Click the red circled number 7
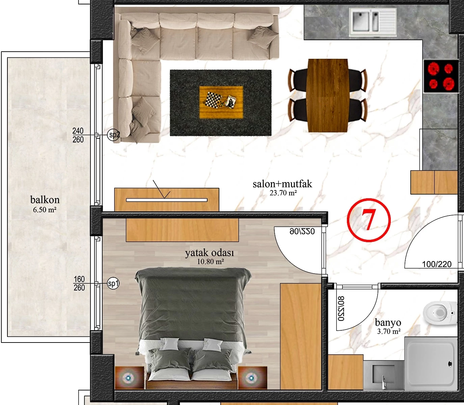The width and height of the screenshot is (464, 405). (369, 220)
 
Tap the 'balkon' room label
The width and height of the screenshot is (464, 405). (45, 200)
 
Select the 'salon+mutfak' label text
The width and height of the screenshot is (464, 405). (282, 184)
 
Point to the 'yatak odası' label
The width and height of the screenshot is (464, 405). (209, 253)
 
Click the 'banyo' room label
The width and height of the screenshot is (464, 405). (388, 322)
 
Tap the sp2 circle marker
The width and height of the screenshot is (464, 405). (113, 135)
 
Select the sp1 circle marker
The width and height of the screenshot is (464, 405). (113, 283)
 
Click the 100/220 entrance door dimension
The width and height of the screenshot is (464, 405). (437, 264)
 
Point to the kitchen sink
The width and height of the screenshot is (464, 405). (373, 22)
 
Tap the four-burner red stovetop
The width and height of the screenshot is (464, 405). (441, 76)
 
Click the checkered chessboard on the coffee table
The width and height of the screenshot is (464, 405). (213, 99)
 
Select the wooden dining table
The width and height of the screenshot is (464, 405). (327, 95)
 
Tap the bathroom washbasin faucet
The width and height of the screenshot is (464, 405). (383, 382)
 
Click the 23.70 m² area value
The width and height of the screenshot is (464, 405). (283, 193)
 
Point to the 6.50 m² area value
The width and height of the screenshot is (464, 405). (45, 209)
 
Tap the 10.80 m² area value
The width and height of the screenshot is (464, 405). (211, 262)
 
